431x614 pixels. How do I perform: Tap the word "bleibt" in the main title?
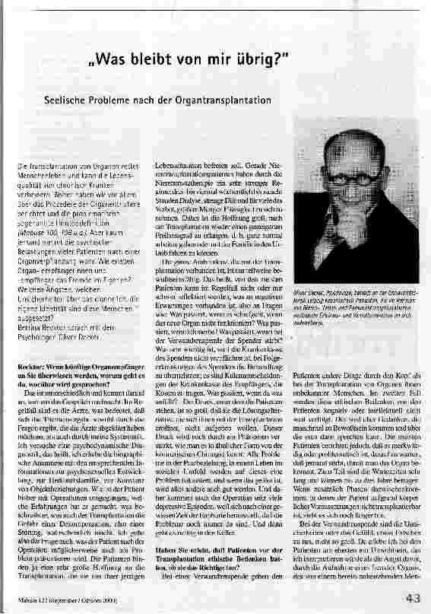[x=158, y=60]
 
